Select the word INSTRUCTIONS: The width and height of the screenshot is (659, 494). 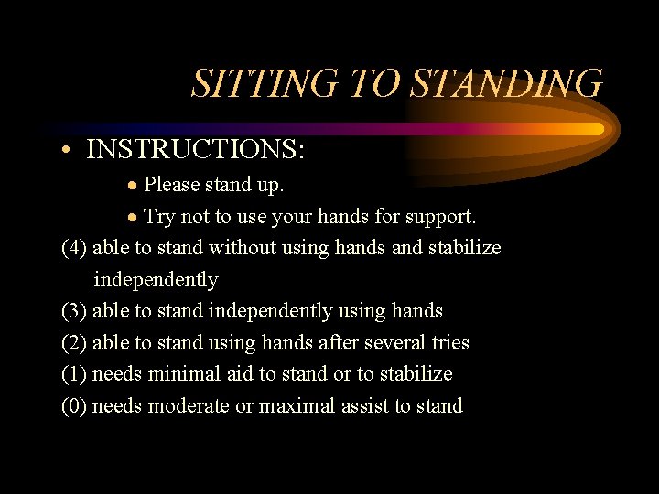(195, 148)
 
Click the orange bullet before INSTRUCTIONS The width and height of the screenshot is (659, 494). (68, 149)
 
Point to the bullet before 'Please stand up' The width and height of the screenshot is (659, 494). (134, 186)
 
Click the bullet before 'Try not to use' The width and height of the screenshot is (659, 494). (134, 218)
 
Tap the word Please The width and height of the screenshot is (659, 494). (171, 185)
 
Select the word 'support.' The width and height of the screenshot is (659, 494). (443, 218)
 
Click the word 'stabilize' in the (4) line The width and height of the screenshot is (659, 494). (464, 248)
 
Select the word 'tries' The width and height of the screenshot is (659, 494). (446, 343)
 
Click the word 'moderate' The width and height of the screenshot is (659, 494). (187, 406)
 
